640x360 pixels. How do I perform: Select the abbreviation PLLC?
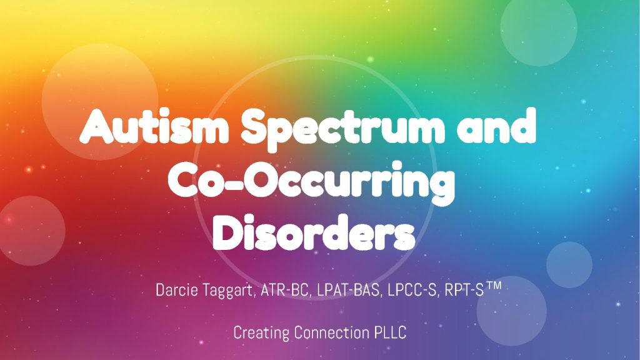point(391,332)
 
